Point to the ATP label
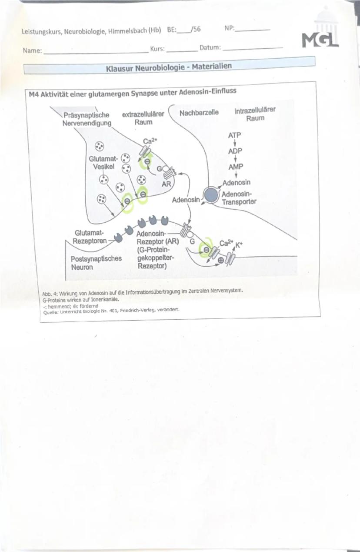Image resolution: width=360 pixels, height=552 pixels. pos(235,135)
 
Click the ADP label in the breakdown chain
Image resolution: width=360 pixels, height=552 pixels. pos(235,151)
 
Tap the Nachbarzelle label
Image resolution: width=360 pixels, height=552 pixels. pos(199,112)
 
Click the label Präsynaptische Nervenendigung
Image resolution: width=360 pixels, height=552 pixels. pos(87,119)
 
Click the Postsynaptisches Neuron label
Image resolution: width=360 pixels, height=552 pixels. pos(96,263)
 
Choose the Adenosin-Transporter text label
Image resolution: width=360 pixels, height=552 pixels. pos(239,198)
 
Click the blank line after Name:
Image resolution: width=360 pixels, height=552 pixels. pos(96,51)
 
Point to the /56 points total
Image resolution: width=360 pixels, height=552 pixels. pos(195,30)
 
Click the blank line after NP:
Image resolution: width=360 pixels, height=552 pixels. pos(252,30)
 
